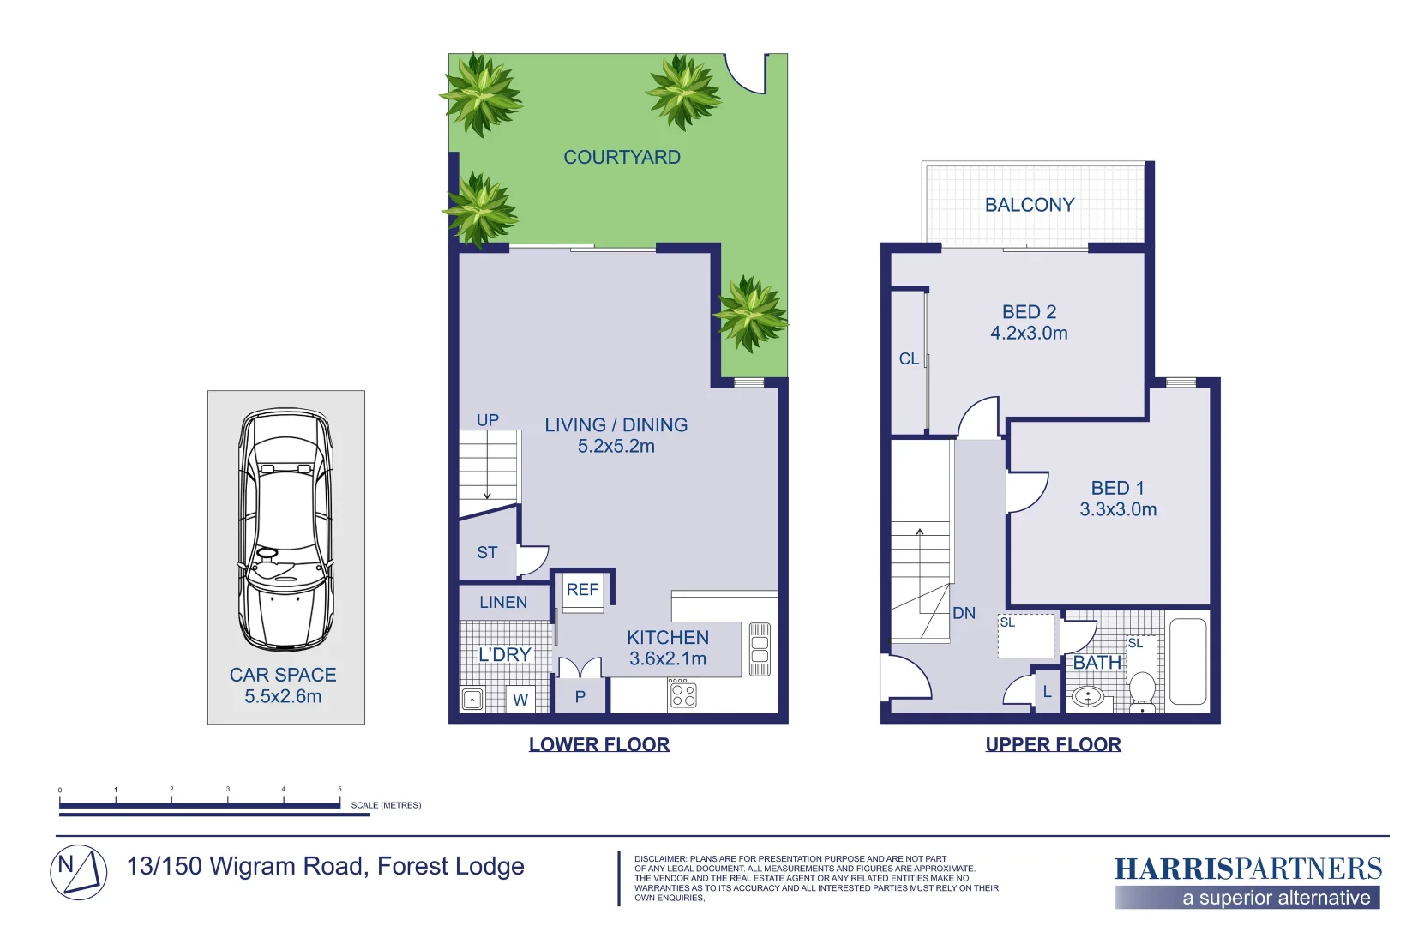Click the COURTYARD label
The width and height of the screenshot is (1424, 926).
tap(622, 158)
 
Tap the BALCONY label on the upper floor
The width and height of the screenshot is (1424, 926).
tap(1029, 205)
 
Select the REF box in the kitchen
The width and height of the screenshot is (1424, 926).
tap(583, 591)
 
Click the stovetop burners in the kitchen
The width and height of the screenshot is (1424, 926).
tap(683, 694)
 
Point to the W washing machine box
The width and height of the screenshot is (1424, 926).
tap(520, 700)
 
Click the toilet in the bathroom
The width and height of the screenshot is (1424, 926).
tap(1142, 689)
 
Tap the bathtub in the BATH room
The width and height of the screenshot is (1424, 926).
tap(1187, 662)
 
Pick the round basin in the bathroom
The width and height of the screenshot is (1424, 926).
tap(1088, 696)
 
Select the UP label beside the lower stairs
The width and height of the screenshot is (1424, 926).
tap(488, 420)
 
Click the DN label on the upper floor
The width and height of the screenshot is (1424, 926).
tap(964, 613)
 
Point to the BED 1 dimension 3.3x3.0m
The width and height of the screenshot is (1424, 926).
tap(1118, 509)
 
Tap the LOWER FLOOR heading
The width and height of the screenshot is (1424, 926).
tap(599, 744)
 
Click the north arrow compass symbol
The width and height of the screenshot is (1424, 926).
tap(79, 872)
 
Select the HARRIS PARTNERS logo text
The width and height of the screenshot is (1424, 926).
tap(1247, 869)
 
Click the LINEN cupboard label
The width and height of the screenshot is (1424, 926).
tap(503, 603)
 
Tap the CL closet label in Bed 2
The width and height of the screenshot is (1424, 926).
tap(909, 359)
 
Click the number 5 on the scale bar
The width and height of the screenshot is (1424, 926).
tap(339, 789)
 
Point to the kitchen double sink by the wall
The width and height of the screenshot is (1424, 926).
tap(760, 650)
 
